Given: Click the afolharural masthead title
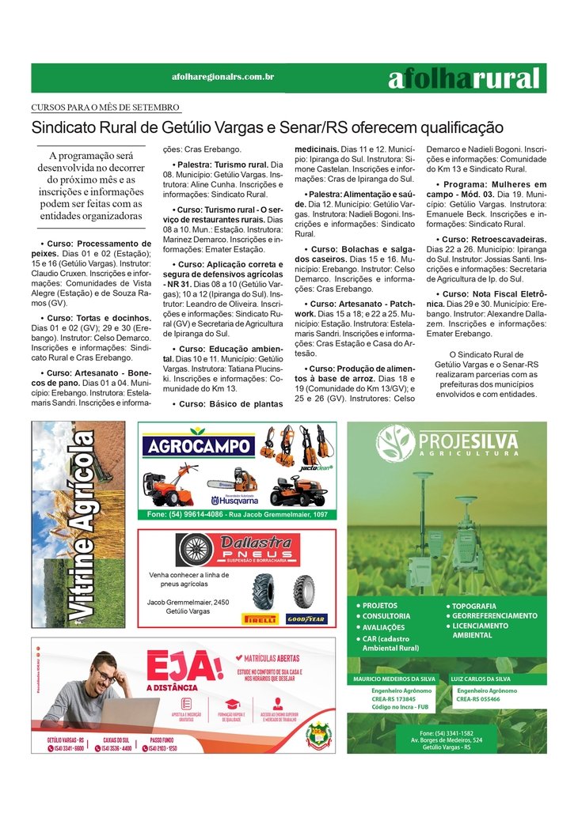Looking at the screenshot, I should [x=464, y=78].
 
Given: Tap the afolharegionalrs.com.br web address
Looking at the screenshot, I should [x=222, y=77].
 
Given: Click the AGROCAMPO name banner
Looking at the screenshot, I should [x=200, y=446].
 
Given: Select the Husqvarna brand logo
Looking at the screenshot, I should [x=234, y=500].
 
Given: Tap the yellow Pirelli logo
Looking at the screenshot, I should [x=260, y=619].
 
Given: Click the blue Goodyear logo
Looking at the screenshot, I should [x=305, y=619].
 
